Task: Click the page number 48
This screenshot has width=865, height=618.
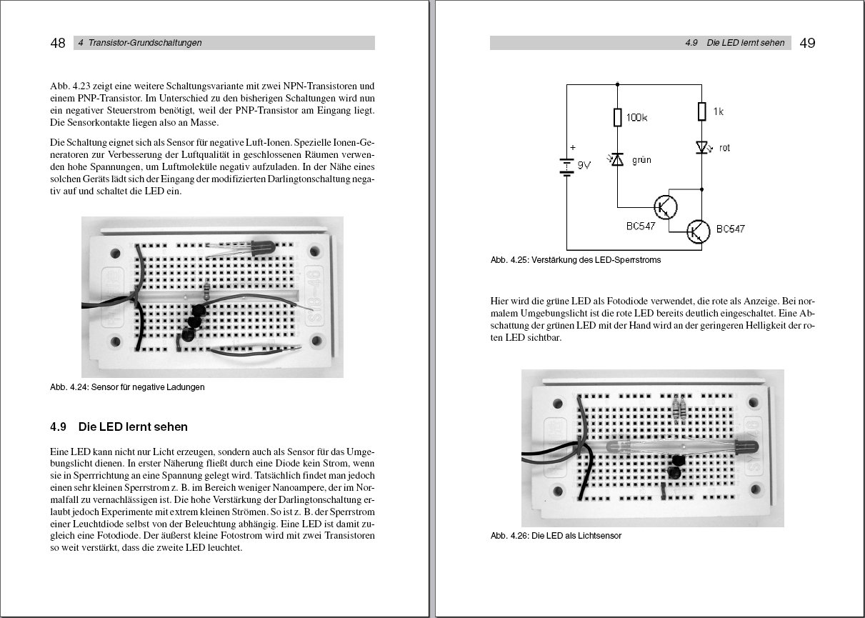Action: tap(58, 43)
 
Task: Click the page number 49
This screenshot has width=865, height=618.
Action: tap(807, 43)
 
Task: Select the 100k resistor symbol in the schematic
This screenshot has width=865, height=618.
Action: tap(617, 117)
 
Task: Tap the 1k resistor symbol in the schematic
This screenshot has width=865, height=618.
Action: tap(701, 111)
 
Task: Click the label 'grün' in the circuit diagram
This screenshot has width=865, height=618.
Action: tap(641, 161)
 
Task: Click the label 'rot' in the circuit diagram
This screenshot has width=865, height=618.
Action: tap(724, 148)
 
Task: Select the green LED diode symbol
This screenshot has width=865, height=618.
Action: tap(617, 160)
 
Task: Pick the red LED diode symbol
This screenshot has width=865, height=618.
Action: tap(701, 147)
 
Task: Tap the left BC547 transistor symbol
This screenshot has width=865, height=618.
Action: tap(666, 206)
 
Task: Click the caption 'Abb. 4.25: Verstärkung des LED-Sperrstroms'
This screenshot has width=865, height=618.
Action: tap(576, 260)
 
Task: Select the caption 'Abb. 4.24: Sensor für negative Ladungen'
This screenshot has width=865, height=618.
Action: tap(127, 387)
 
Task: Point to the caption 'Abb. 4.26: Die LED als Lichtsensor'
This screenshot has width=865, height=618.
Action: tap(556, 536)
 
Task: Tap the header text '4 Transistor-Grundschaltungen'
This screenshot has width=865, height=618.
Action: tap(140, 43)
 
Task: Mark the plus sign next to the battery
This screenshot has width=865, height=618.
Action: tap(571, 149)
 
